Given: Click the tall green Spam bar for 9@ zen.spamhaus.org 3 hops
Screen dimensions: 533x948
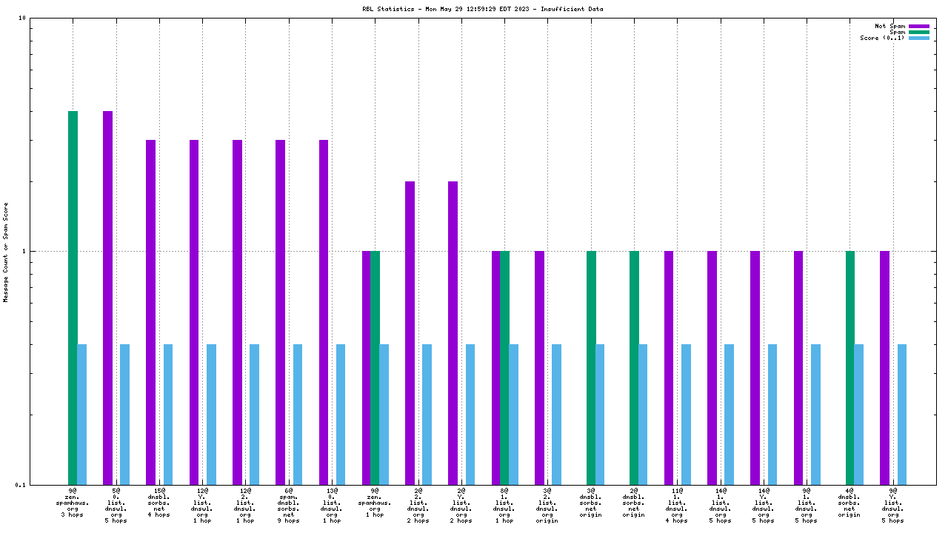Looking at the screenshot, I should coord(73,296).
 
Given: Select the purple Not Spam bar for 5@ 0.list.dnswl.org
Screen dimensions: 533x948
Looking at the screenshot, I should coord(107,296).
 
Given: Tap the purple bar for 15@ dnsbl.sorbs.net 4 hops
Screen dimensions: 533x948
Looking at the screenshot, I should coord(150,311).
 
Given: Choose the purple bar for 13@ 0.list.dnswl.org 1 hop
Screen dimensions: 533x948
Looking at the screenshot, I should coord(324,311).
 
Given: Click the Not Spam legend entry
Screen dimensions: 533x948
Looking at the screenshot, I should coord(889,26).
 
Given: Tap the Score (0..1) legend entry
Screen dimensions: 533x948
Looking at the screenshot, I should coord(881,38).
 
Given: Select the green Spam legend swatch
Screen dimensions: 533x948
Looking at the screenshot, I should coord(919,32).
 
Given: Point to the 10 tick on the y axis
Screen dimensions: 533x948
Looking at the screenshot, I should coord(22,19).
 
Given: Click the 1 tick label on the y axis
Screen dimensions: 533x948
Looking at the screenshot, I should coord(24,251).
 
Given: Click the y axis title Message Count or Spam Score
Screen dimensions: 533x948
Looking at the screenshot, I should coord(6,252).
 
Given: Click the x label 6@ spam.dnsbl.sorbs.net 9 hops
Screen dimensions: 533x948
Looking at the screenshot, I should coord(289,505).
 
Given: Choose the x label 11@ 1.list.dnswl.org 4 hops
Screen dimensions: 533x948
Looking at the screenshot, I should coord(677,505).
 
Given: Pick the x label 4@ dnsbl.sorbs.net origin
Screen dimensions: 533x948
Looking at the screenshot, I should coord(849,503).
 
